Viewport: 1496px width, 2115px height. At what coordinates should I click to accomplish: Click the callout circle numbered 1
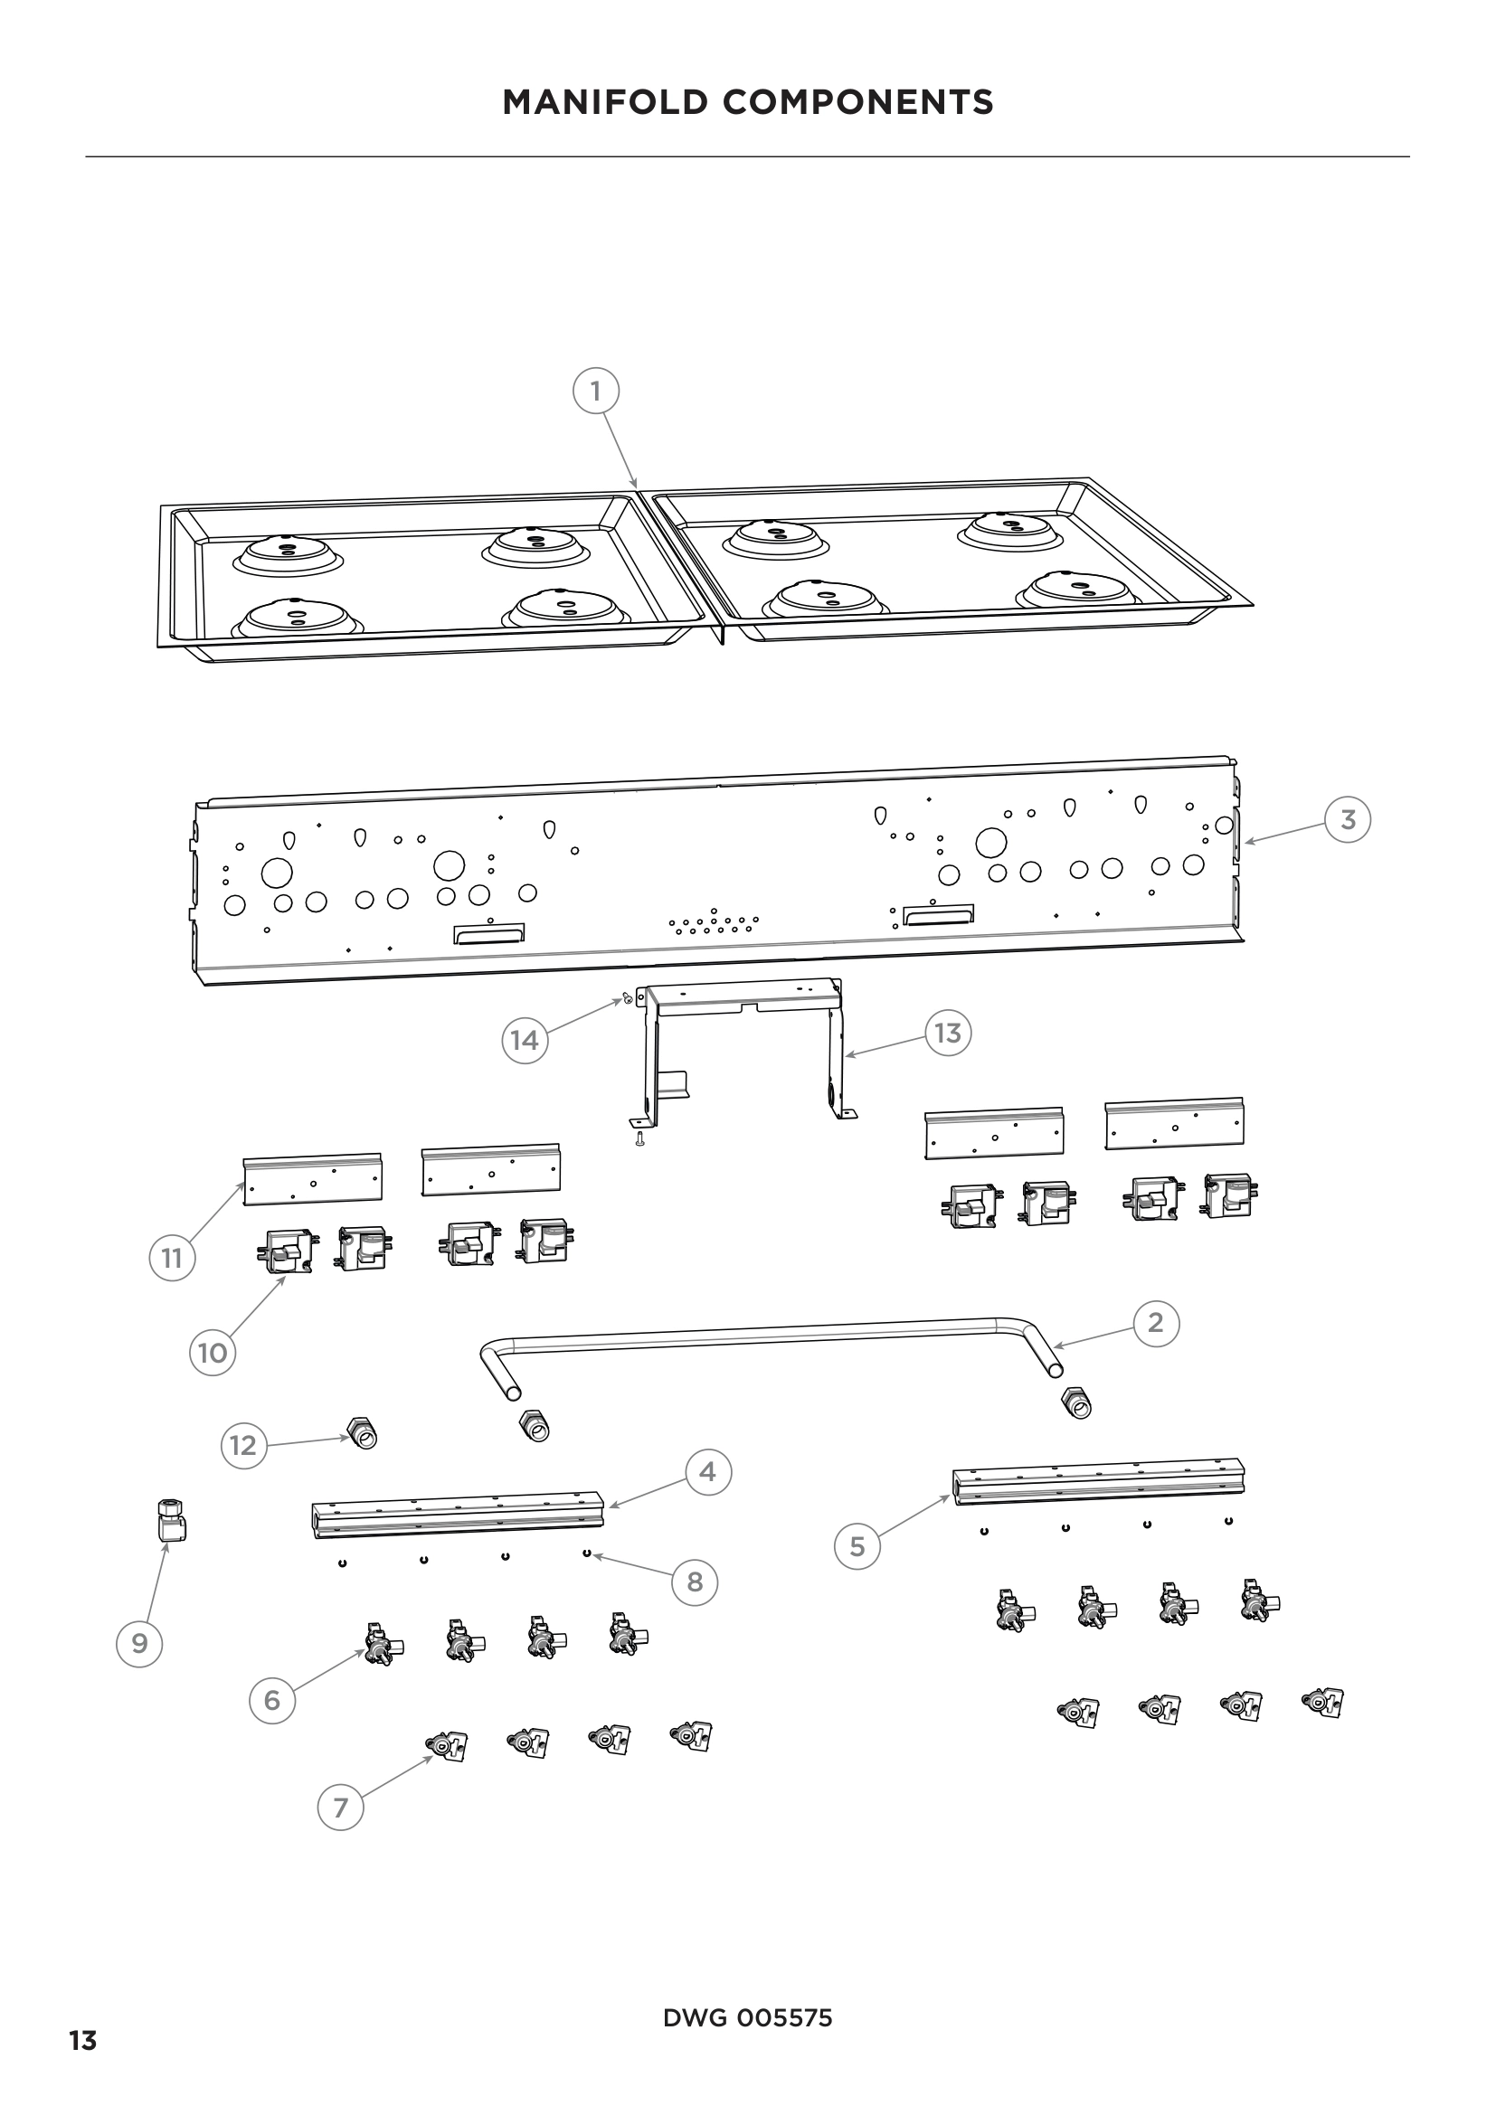coord(596,392)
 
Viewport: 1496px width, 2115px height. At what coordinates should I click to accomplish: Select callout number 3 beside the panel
coord(1348,820)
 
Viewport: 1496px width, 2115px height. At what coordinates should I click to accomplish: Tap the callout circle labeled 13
coord(948,1034)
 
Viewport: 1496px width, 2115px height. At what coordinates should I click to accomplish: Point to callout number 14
coord(525,1040)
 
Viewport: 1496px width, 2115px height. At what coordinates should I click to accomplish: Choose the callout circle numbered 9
coord(139,1643)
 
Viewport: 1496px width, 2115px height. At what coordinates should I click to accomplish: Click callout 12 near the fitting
coord(243,1445)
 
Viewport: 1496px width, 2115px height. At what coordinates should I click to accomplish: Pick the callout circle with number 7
coord(341,1808)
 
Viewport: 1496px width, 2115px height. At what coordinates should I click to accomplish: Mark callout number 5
coord(857,1545)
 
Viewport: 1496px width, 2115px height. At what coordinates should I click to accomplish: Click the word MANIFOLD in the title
coord(606,102)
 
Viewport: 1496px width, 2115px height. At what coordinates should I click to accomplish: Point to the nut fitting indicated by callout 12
coord(363,1433)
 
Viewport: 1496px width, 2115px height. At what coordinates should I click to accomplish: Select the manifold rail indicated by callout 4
coord(458,1515)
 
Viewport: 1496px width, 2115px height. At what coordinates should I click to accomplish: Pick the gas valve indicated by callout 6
coord(379,1645)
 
